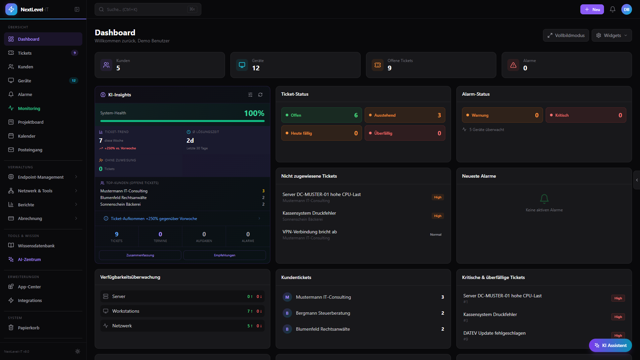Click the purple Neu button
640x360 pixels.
click(592, 9)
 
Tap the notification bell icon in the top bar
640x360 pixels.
click(612, 9)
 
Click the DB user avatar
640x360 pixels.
click(626, 9)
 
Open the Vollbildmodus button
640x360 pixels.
click(566, 35)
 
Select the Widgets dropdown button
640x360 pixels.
click(611, 35)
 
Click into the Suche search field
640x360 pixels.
click(147, 9)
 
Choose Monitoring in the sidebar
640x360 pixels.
click(29, 108)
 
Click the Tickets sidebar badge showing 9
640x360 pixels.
click(74, 53)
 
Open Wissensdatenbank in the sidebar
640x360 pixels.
click(36, 246)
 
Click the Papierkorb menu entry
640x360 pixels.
click(28, 328)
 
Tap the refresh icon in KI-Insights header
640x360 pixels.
click(260, 95)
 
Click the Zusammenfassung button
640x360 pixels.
click(140, 255)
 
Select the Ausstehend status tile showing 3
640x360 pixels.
click(404, 115)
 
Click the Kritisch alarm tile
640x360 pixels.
click(585, 115)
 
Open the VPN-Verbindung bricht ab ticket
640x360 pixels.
click(310, 232)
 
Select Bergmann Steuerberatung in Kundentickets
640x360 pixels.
click(323, 313)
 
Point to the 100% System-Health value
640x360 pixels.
click(254, 113)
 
